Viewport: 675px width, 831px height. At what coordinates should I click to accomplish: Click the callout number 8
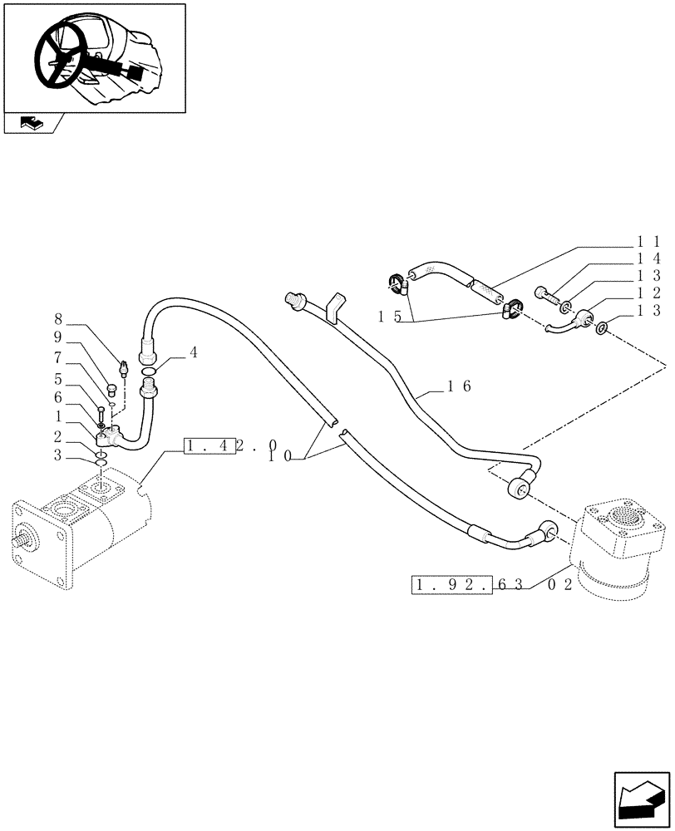point(57,318)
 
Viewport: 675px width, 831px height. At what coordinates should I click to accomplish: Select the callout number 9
point(57,337)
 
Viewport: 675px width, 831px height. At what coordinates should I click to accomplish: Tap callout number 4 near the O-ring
point(193,352)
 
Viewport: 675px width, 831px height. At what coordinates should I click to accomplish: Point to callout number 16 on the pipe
point(459,386)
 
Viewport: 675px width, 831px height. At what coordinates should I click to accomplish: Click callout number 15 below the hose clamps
point(390,317)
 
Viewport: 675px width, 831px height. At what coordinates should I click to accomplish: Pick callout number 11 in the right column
point(648,240)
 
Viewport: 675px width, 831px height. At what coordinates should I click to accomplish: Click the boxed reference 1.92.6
point(453,585)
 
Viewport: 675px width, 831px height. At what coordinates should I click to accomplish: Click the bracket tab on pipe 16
point(335,304)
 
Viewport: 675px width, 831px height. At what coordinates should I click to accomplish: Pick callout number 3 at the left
point(57,454)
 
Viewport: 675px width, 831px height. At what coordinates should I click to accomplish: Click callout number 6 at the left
point(57,397)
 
